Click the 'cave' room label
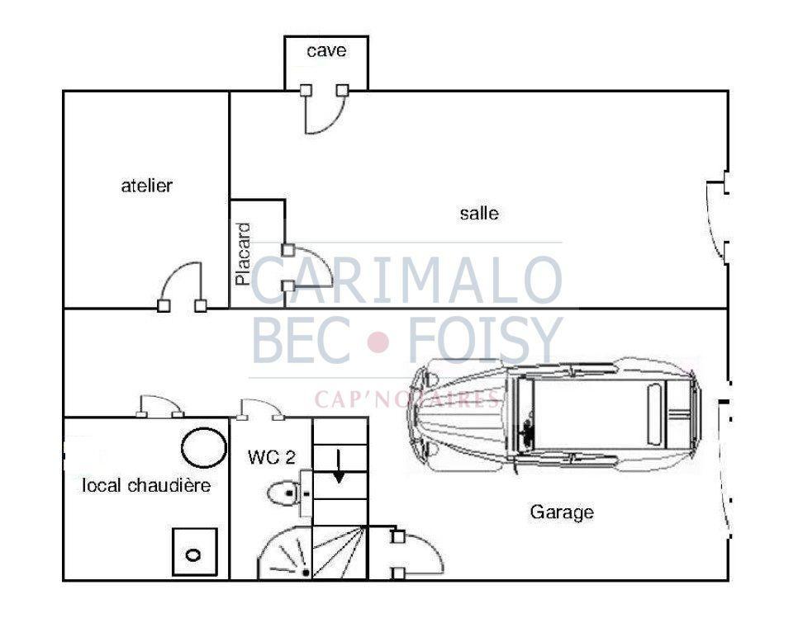click(x=326, y=50)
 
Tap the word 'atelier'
click(x=146, y=185)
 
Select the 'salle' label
click(x=479, y=213)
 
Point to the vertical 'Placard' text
click(x=243, y=254)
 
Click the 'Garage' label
click(x=562, y=512)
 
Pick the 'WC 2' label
click(x=272, y=457)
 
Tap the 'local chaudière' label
click(x=146, y=485)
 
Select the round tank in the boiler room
click(x=204, y=448)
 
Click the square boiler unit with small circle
click(x=194, y=552)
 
